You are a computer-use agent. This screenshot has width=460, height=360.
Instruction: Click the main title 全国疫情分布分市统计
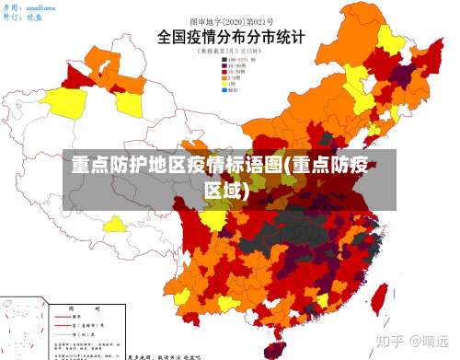[229, 38]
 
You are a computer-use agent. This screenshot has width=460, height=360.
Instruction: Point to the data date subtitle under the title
[229, 52]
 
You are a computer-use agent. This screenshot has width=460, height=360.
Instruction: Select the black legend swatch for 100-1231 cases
[224, 60]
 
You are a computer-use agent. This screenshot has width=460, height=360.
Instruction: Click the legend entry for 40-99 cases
[236, 66]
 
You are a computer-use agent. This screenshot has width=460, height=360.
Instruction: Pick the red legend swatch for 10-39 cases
[224, 73]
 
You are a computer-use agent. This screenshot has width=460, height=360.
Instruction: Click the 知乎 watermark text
[390, 342]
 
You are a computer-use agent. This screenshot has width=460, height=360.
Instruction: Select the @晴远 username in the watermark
[430, 342]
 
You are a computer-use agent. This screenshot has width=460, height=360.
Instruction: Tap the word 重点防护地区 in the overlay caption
[130, 167]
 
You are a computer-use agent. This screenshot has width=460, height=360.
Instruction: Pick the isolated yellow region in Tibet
[116, 224]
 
